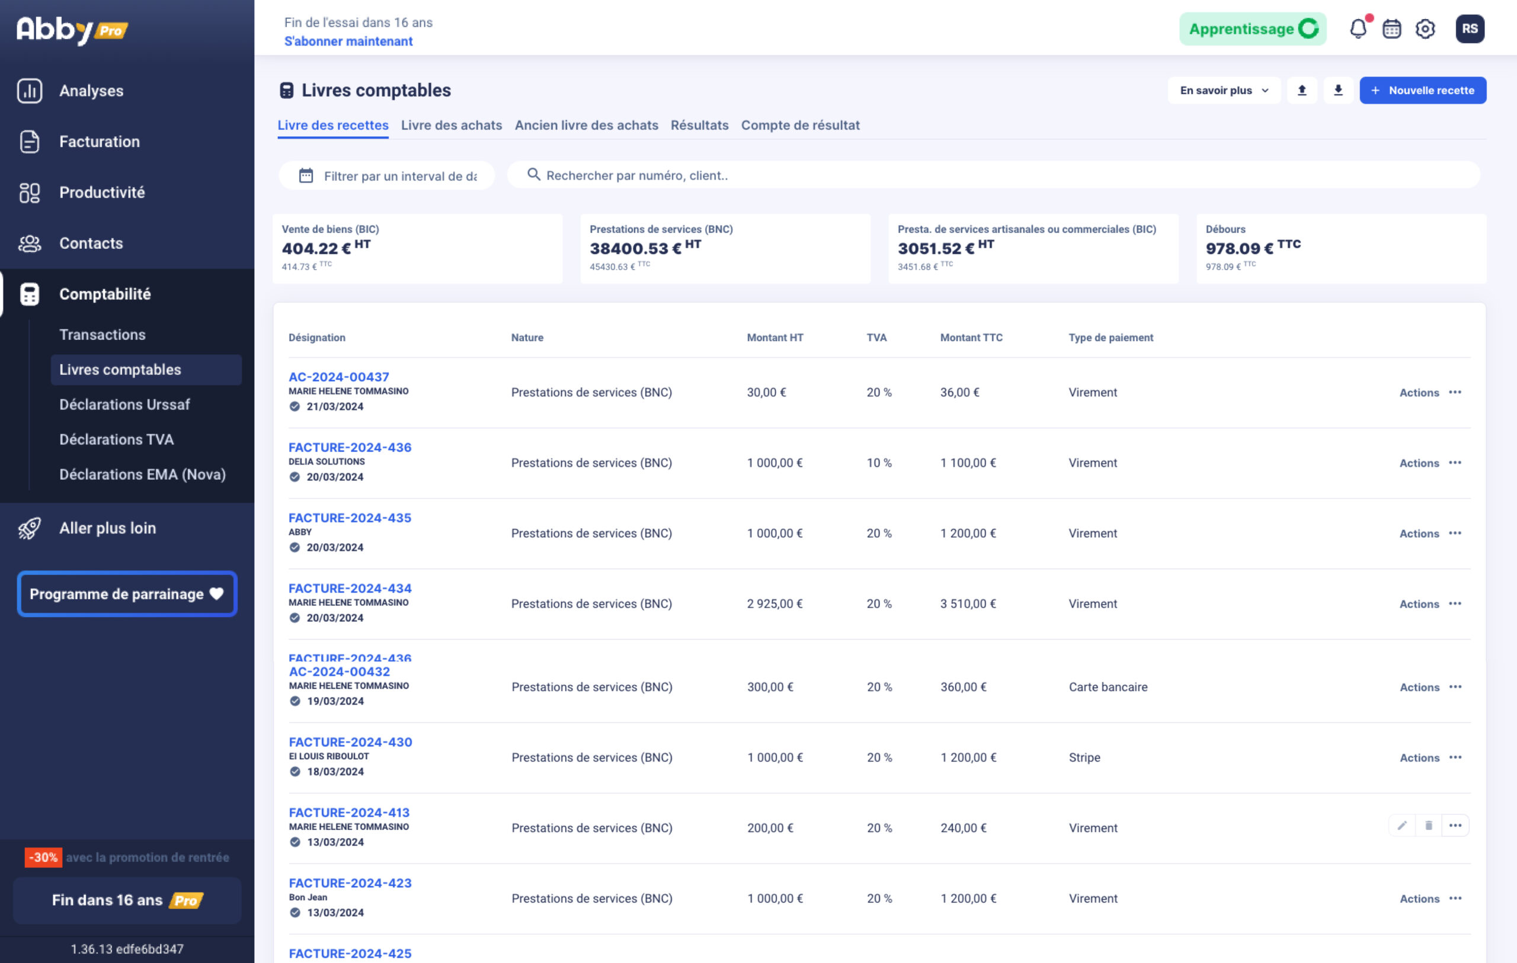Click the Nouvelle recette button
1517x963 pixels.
(x=1423, y=91)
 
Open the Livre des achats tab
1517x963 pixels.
(x=451, y=126)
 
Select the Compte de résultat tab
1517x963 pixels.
(x=800, y=126)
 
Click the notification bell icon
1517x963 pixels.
(x=1358, y=29)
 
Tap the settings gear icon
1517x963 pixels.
(x=1425, y=29)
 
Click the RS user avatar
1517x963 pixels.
(x=1469, y=29)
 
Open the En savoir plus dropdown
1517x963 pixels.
(x=1224, y=91)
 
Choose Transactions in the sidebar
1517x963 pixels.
(x=102, y=335)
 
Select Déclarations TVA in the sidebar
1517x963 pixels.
(x=116, y=439)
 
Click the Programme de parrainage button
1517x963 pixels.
(x=127, y=594)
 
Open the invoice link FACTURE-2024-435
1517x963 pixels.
(x=350, y=518)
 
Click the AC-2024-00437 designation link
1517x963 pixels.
(x=338, y=377)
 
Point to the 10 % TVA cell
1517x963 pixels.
(x=879, y=463)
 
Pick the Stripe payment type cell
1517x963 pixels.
(x=1084, y=757)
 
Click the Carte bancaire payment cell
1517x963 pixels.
(x=1108, y=687)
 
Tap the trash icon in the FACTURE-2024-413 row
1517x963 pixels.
(x=1428, y=826)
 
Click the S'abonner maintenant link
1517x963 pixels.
(x=348, y=41)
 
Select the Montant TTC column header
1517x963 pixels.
(x=971, y=338)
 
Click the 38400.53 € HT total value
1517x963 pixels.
(x=645, y=248)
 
